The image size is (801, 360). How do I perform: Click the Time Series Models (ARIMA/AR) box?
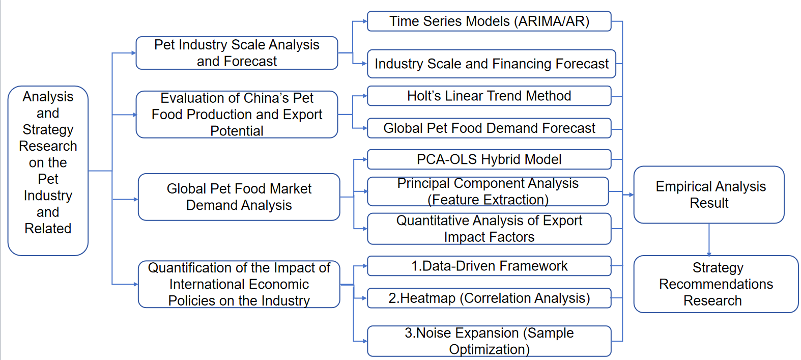click(489, 21)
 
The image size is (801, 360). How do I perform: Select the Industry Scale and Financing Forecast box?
click(491, 64)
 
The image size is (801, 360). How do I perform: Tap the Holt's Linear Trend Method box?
click(489, 96)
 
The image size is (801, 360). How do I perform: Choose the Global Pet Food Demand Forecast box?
click(489, 128)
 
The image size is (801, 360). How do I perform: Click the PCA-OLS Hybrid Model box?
click(489, 159)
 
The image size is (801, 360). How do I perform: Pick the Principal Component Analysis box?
click(488, 191)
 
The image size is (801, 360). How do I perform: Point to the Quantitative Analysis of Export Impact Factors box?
click(489, 229)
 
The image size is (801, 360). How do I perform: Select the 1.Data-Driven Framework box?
click(489, 266)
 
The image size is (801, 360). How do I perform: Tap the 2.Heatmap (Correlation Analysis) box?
click(489, 298)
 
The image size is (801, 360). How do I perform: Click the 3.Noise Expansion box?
click(489, 341)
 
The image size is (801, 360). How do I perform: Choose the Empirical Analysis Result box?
click(709, 195)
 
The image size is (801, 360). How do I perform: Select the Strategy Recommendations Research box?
click(716, 284)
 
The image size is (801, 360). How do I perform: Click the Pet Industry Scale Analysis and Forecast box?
click(237, 53)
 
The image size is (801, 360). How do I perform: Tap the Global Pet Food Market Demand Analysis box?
click(239, 197)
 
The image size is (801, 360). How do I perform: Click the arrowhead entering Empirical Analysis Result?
click(631, 195)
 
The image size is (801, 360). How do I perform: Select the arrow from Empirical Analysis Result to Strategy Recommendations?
click(709, 239)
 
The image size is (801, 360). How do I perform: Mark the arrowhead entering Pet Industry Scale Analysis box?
click(134, 53)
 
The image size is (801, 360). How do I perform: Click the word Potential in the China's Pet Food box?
click(237, 131)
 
